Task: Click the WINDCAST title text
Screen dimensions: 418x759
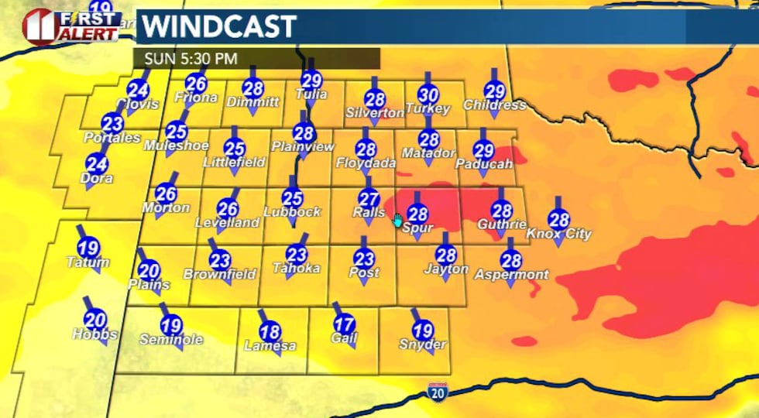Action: [x=220, y=27]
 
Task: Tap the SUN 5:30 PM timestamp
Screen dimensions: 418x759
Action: [x=185, y=59]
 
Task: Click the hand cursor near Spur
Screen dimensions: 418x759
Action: [x=397, y=221]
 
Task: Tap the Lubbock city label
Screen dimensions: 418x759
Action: [x=291, y=211]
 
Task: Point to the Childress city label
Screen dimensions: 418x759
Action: [x=494, y=105]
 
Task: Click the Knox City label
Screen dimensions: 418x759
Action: [x=558, y=234]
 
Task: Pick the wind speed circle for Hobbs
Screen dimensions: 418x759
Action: [x=94, y=319]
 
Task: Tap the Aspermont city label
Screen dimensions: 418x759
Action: [x=511, y=275]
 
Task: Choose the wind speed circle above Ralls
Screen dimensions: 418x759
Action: [x=369, y=198]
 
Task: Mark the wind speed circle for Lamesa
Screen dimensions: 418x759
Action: [x=270, y=331]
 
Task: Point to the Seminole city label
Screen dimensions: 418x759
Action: [x=171, y=339]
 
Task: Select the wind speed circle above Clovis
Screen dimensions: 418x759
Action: [x=138, y=90]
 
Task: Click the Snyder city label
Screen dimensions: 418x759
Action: [x=422, y=344]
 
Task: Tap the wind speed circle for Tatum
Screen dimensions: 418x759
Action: [x=89, y=248]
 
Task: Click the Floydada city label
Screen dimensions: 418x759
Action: [x=366, y=163]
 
